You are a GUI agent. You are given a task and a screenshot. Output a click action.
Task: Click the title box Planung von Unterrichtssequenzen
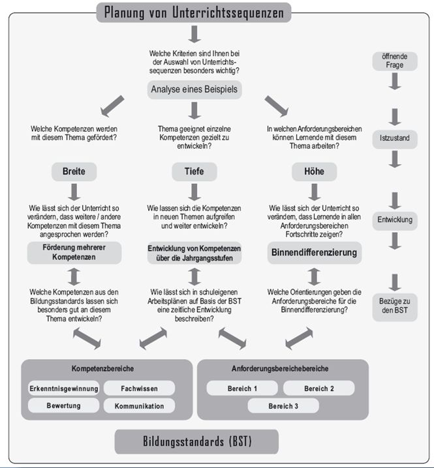point(194,12)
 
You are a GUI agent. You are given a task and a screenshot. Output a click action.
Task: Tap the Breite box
point(74,171)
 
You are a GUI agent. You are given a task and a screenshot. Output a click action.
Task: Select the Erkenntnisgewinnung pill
point(63,388)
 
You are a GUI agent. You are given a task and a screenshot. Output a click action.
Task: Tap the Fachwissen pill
point(140,388)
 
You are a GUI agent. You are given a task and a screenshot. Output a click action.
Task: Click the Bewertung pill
point(63,405)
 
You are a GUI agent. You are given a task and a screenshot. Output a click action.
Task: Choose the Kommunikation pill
point(140,405)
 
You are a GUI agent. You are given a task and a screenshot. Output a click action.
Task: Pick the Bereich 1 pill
point(242,388)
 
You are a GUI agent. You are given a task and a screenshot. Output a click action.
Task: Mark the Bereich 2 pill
point(319,388)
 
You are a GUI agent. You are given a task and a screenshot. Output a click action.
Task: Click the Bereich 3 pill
point(283,405)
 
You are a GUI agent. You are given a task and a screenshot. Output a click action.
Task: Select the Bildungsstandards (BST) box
point(196,441)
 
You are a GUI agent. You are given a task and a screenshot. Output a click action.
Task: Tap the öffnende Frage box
point(394,61)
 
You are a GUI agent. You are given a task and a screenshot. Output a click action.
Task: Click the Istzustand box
point(394,138)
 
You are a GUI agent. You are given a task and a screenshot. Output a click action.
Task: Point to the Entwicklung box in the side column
point(394,220)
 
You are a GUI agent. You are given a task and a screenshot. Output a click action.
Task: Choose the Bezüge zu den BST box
point(394,306)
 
